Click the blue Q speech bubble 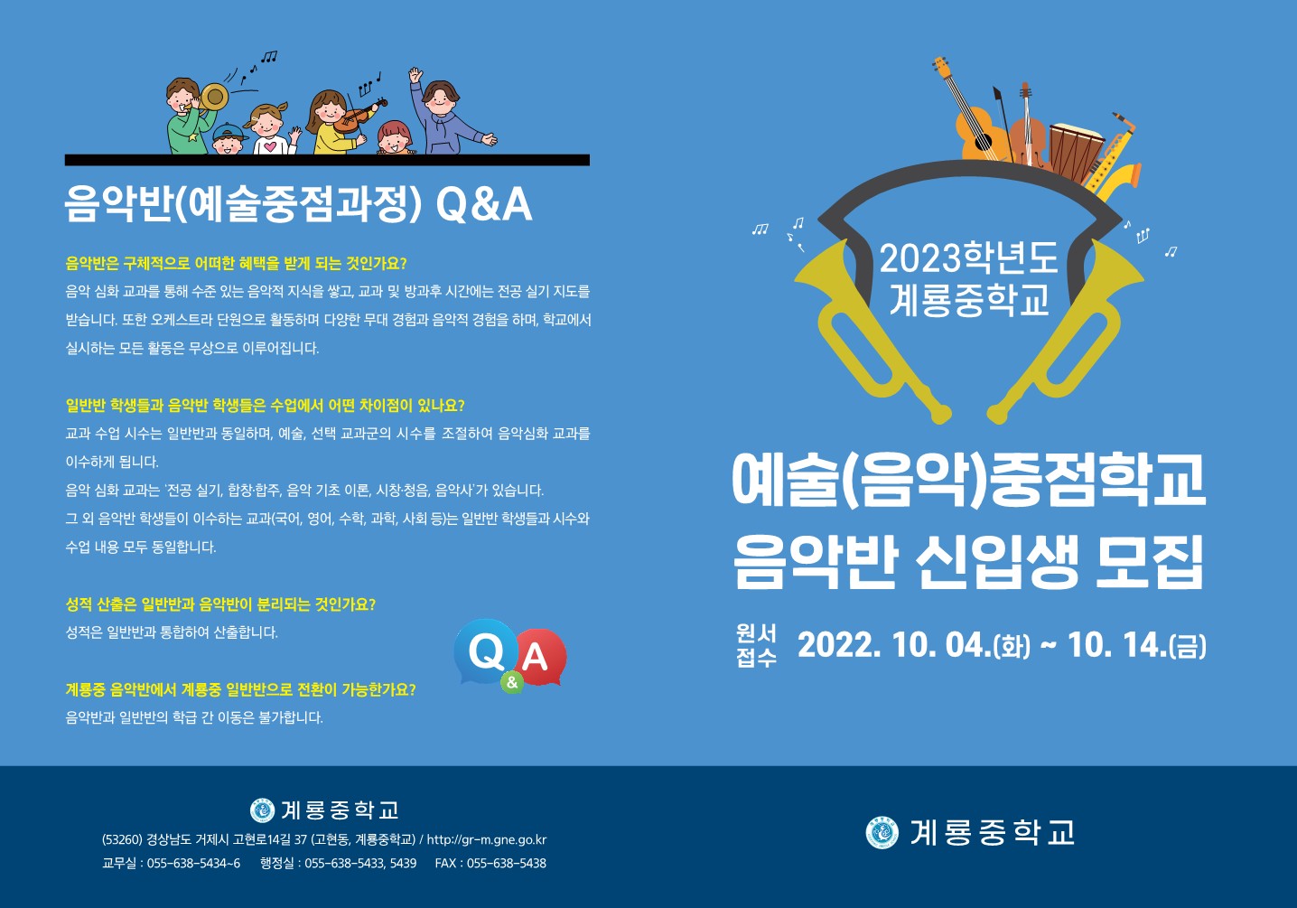pyautogui.click(x=486, y=651)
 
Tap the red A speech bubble pyautogui.click(x=539, y=657)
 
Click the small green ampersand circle pyautogui.click(x=512, y=682)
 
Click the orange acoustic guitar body pyautogui.click(x=978, y=135)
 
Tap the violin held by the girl pyautogui.click(x=358, y=117)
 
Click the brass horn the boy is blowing pyautogui.click(x=212, y=98)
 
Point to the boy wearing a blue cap pyautogui.click(x=228, y=139)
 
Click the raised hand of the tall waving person pyautogui.click(x=415, y=75)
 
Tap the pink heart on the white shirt pyautogui.click(x=270, y=146)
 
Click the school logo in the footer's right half pyautogui.click(x=882, y=833)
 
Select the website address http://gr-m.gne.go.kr pyautogui.click(x=486, y=839)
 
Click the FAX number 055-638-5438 pyautogui.click(x=506, y=864)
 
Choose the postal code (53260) pyautogui.click(x=122, y=839)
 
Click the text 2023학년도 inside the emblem pyautogui.click(x=969, y=258)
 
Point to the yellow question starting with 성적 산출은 pyautogui.click(x=220, y=604)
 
